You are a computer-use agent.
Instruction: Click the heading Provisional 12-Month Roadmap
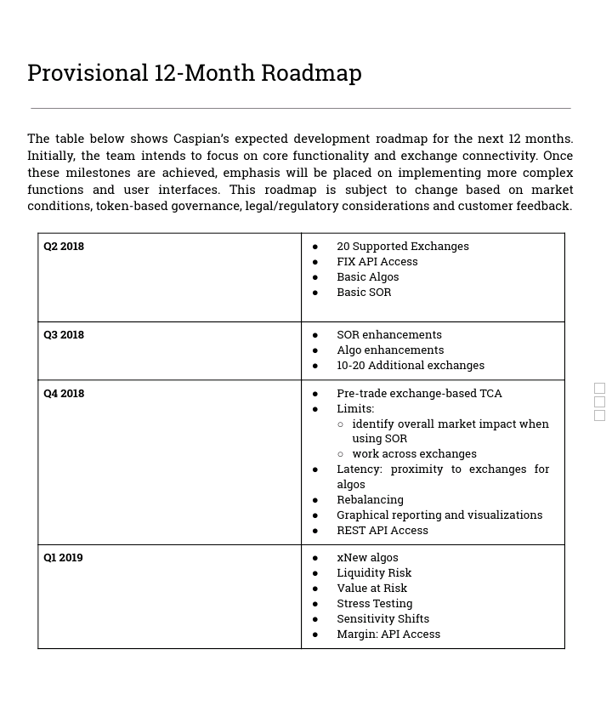point(195,73)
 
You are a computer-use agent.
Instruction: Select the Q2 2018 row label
point(64,247)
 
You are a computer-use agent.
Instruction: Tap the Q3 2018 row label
point(64,335)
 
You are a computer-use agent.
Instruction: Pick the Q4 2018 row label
point(64,394)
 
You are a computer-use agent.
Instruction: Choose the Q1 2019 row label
point(63,558)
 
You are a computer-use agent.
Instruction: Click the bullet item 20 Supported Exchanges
point(402,247)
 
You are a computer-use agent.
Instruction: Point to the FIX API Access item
point(377,262)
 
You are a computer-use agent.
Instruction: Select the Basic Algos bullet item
point(367,277)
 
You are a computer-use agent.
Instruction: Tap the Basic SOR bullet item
point(364,293)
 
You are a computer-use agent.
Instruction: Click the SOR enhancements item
point(388,335)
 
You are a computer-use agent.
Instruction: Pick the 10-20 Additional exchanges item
point(410,366)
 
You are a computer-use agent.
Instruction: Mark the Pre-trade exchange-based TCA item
point(419,394)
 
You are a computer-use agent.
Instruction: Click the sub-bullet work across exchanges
point(414,454)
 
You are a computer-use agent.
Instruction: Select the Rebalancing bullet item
point(370,500)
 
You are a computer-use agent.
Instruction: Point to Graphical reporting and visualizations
point(439,515)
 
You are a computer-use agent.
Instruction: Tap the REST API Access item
point(382,531)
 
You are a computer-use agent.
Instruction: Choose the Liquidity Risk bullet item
point(373,573)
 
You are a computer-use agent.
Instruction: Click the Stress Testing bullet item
point(374,604)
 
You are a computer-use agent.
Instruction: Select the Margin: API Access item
point(388,634)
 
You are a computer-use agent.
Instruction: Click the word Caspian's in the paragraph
point(201,139)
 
